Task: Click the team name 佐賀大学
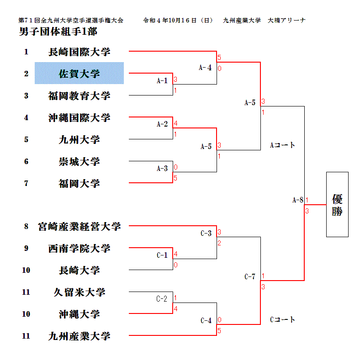click(79, 74)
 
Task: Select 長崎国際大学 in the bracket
click(79, 52)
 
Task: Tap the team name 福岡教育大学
click(79, 96)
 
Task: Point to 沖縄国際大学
click(79, 117)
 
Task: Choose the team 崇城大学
click(79, 161)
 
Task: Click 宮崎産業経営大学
click(79, 226)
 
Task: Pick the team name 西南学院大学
click(79, 248)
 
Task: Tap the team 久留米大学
click(79, 292)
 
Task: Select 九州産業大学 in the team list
click(79, 336)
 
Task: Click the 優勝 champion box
click(337, 204)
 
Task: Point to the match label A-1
click(162, 81)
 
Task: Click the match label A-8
click(297, 200)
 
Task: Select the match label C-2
click(162, 299)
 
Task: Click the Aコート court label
click(282, 145)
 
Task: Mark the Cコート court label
click(282, 319)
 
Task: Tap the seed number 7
click(26, 183)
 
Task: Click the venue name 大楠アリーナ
click(287, 21)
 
